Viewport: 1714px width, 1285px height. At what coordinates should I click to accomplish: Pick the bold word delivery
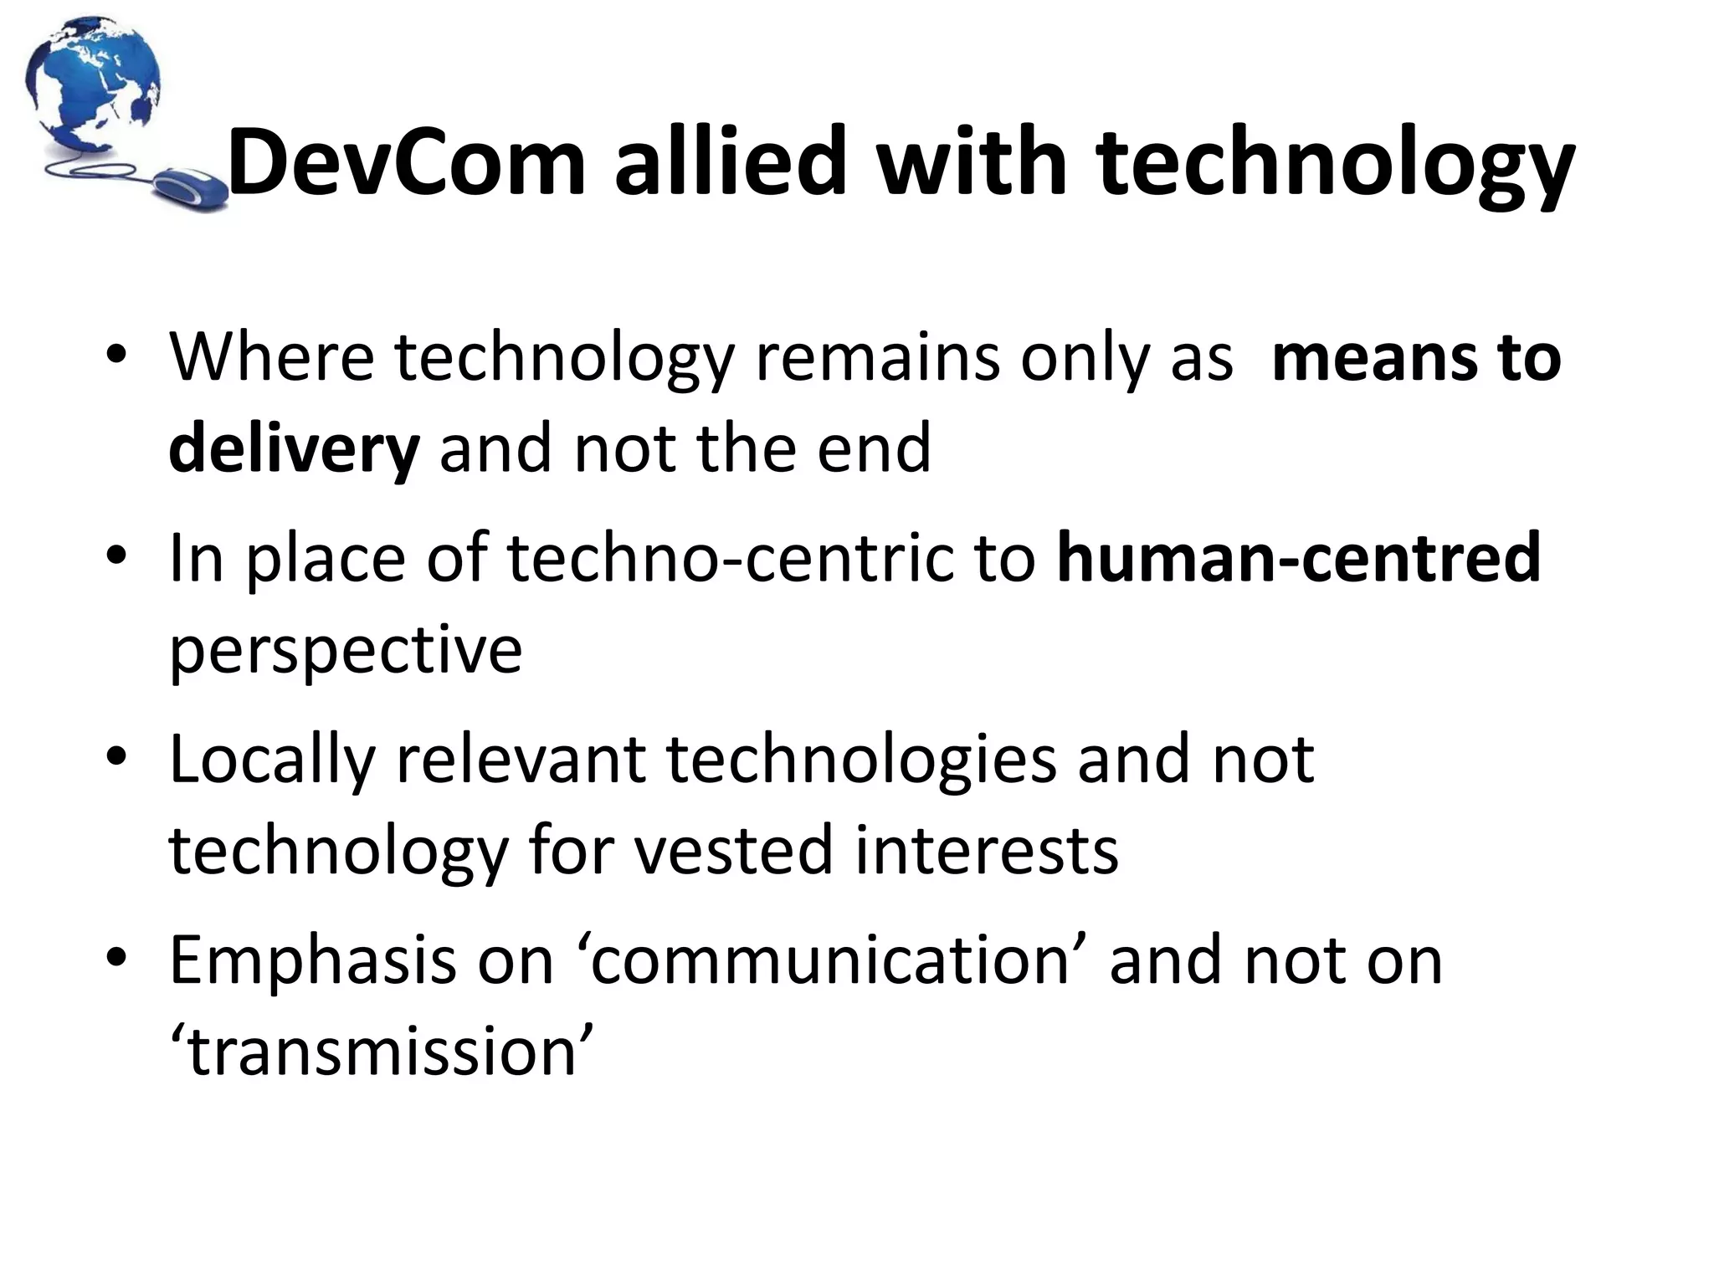[294, 448]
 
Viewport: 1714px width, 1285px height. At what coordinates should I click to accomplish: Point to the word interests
[987, 850]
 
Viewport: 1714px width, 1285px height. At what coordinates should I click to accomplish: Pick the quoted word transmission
[382, 1051]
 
